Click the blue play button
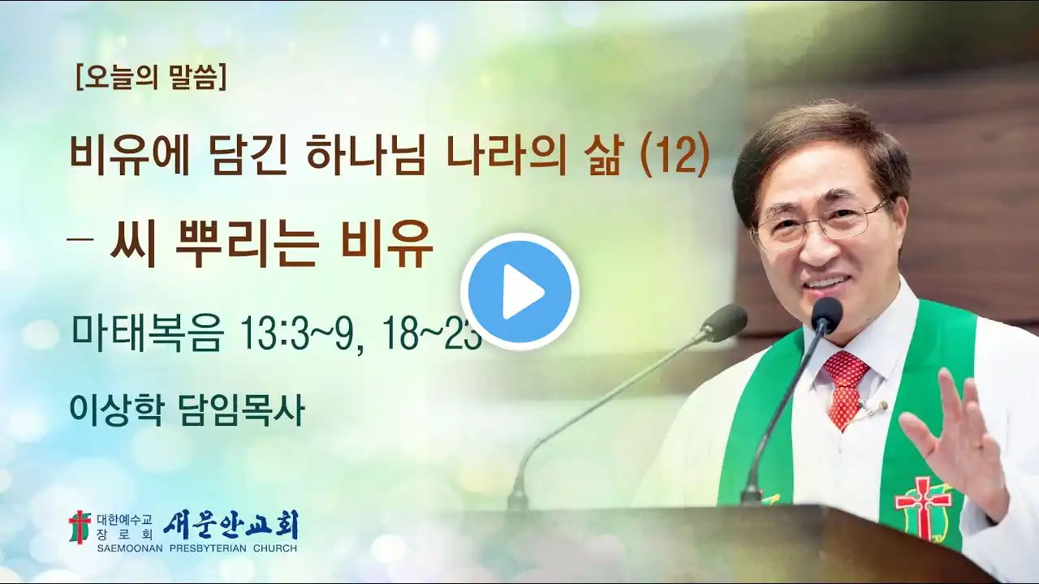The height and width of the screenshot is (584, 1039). (x=520, y=292)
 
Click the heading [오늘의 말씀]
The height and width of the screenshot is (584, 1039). (x=151, y=77)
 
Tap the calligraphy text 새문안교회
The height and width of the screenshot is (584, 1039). (x=231, y=526)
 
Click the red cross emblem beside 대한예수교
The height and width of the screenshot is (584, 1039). (x=80, y=527)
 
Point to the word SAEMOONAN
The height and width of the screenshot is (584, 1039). (x=130, y=549)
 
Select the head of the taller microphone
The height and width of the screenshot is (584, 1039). (x=826, y=314)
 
